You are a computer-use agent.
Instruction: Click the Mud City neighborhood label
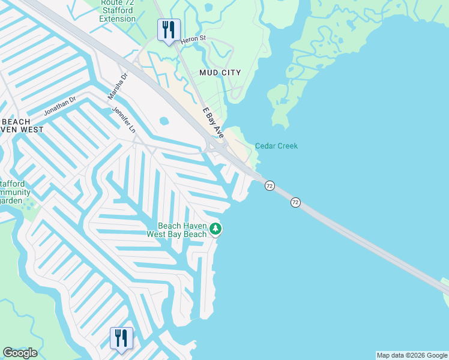220,73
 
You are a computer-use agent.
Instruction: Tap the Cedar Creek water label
276,146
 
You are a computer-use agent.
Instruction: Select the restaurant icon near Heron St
169,30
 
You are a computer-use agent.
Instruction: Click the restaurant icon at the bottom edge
121,338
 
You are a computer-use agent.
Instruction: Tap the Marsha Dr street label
118,87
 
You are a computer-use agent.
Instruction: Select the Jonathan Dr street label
59,106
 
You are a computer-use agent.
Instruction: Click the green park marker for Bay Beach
215,229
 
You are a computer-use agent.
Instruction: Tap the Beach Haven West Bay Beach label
177,230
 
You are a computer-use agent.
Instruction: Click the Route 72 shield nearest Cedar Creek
270,186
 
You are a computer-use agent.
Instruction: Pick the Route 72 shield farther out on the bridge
295,203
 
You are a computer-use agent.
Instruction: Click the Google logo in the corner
20,353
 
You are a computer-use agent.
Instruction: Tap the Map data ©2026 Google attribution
412,355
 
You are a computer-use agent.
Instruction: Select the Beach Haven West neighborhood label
22,125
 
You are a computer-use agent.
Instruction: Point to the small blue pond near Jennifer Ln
164,121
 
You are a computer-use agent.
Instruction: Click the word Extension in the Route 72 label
118,19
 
